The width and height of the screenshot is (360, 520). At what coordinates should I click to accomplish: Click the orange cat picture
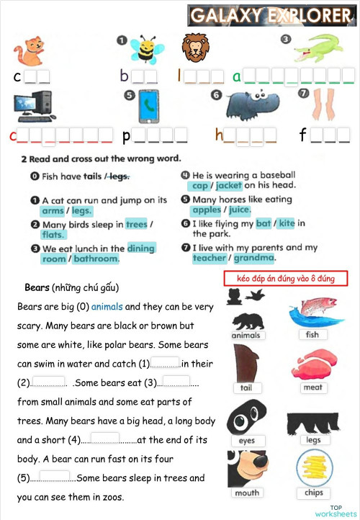coord(27,51)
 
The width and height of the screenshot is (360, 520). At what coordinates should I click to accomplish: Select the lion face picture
coord(194,48)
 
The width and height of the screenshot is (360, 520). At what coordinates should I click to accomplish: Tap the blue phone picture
coord(149,106)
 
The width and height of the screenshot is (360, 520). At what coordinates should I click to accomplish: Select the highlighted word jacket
coord(228,186)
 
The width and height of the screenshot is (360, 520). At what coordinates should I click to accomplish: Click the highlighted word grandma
coord(253,258)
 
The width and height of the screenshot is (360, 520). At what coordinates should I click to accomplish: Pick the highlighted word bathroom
coord(96,259)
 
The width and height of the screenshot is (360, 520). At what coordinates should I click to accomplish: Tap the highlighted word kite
coord(287,223)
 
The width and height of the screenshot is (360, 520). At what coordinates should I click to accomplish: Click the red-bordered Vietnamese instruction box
coord(286,278)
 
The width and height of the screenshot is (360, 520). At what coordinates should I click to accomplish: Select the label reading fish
coord(312,335)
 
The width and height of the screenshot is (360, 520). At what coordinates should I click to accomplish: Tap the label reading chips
coord(314,493)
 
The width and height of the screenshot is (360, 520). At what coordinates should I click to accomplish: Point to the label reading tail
coord(246,387)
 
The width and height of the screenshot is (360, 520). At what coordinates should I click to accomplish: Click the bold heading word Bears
coord(37,288)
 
